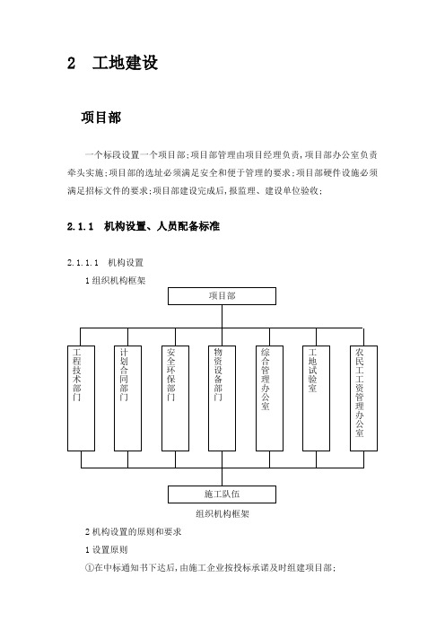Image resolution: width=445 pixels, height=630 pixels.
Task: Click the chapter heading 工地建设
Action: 125,63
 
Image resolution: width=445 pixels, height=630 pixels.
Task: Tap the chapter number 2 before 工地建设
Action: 71,63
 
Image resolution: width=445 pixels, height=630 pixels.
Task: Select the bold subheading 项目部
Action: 100,118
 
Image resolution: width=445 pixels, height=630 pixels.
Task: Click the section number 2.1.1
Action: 80,227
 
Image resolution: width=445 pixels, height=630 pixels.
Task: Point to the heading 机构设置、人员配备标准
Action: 161,226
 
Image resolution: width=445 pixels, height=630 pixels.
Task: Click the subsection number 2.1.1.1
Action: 83,263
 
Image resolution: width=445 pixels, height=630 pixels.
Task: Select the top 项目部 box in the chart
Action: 222,296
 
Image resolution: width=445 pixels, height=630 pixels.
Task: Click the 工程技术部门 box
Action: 81,398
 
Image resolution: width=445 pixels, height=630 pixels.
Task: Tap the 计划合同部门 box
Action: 127,398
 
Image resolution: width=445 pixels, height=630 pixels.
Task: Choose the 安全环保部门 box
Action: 175,398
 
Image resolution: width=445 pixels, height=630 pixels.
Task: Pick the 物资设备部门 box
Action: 222,398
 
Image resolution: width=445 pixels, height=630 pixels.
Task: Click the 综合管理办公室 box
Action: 269,398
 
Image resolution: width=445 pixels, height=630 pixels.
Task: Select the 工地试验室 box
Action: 316,398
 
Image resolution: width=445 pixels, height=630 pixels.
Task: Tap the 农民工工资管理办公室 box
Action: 363,398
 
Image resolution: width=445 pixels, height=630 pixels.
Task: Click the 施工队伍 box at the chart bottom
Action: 222,494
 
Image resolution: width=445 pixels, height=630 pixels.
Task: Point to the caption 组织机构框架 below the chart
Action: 222,513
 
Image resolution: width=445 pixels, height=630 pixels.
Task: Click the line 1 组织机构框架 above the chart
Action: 115,280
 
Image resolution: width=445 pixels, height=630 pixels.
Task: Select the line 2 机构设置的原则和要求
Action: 134,531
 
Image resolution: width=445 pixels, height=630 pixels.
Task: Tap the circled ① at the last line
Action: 90,568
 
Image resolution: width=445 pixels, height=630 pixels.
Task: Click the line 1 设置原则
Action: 107,549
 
